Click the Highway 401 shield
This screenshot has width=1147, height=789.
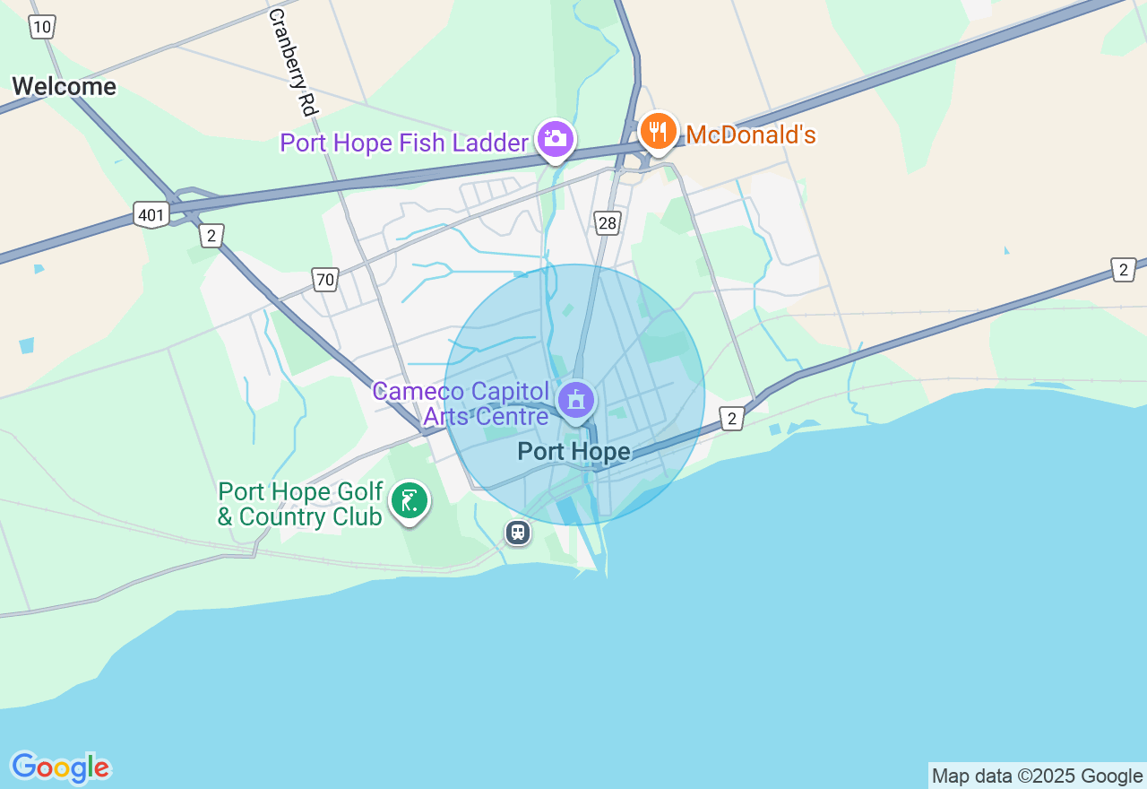[151, 214]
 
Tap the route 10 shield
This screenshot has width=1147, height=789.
[41, 27]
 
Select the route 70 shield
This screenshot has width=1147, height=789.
[324, 280]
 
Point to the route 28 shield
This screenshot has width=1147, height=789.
[608, 223]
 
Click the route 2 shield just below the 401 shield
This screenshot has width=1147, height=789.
[211, 236]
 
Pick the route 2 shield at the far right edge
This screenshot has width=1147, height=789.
[1123, 269]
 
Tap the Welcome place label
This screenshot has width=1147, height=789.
[64, 87]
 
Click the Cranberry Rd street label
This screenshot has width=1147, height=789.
[293, 62]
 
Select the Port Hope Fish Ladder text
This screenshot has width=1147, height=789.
[404, 143]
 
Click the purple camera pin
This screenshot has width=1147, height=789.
[556, 139]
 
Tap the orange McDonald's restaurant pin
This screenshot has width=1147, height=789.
[659, 132]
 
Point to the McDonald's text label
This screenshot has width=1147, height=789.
[751, 135]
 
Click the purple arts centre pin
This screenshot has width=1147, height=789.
[575, 400]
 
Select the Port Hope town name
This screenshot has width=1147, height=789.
[573, 452]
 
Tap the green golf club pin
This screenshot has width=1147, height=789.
[410, 500]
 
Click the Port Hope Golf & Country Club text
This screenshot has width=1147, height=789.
[301, 505]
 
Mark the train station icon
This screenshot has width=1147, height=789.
[518, 533]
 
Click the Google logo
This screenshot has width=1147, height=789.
[60, 767]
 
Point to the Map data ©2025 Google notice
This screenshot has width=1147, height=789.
[1037, 776]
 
